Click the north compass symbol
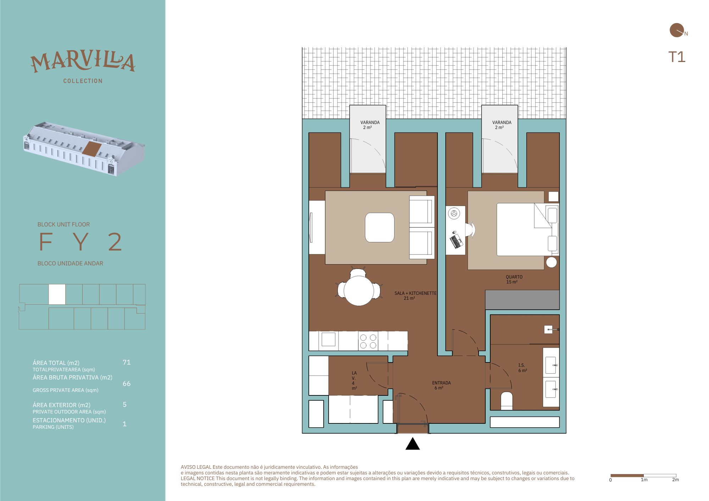[677, 30]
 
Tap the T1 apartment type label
[677, 57]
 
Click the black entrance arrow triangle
[413, 444]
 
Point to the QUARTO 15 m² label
[514, 280]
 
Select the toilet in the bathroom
[507, 401]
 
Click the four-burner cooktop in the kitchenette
[368, 341]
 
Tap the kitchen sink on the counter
[328, 339]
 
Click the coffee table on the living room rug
[380, 227]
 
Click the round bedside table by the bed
[551, 262]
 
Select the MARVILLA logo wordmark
[83, 62]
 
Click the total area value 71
[127, 362]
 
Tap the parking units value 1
[124, 424]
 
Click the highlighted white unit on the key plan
[57, 294]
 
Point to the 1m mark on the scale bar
[643, 475]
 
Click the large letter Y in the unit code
[81, 242]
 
